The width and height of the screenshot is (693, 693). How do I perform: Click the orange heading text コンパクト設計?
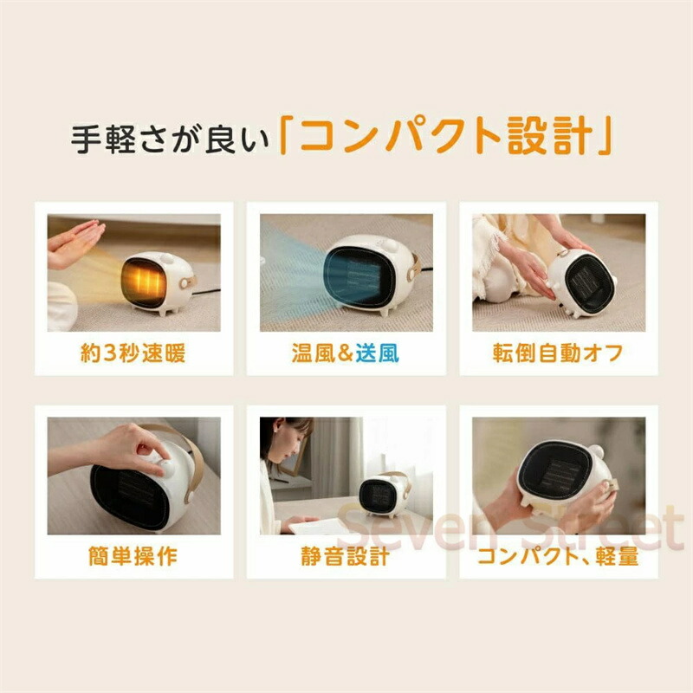click(x=445, y=136)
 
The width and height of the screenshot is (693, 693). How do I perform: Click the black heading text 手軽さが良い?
click(x=171, y=139)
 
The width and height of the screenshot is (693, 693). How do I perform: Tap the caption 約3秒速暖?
click(x=133, y=353)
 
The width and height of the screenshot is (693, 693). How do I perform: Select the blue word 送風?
click(x=378, y=353)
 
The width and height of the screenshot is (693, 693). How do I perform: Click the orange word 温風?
click(x=314, y=353)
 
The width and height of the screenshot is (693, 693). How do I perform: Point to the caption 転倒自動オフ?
click(x=558, y=353)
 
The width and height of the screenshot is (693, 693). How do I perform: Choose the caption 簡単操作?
click(x=133, y=556)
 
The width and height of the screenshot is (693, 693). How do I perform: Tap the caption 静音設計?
click(x=345, y=556)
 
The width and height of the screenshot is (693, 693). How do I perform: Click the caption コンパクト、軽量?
click(x=558, y=556)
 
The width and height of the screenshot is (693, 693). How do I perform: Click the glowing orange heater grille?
click(x=143, y=282)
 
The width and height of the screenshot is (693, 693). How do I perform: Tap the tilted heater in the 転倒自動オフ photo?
click(x=581, y=283)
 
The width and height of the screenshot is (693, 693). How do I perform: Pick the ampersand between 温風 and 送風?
click(x=346, y=353)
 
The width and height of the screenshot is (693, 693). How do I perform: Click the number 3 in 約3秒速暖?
click(x=110, y=353)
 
